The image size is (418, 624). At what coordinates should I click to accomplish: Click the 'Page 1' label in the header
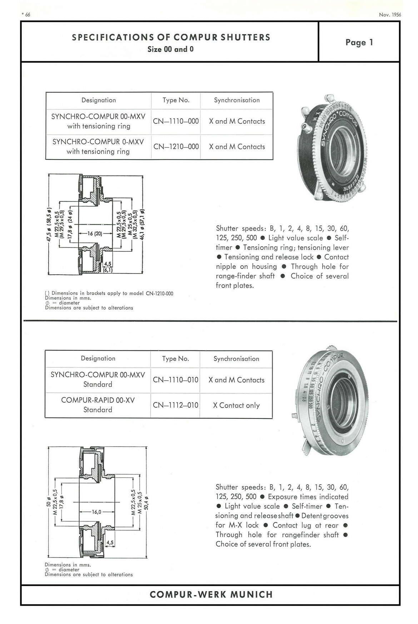click(359, 43)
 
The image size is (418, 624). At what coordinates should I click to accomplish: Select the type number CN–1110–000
click(176, 121)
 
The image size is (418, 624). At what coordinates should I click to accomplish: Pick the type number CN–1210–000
click(176, 147)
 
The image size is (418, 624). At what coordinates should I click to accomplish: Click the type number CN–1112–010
click(175, 405)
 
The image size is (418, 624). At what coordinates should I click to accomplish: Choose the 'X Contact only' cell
click(236, 405)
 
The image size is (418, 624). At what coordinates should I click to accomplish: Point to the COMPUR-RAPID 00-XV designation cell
click(98, 405)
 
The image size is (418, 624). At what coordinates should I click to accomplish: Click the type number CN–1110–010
click(175, 380)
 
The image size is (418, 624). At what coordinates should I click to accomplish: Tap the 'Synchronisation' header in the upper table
click(237, 100)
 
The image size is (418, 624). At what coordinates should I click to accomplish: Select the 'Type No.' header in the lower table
click(175, 359)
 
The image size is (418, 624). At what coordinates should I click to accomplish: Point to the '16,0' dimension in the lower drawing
click(97, 512)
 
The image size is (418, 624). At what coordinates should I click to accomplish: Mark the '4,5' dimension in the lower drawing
click(110, 542)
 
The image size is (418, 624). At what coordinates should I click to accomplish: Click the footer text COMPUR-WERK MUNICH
click(211, 595)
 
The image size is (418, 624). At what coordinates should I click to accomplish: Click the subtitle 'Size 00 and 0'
click(170, 49)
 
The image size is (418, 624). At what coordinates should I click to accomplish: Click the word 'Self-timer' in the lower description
click(307, 506)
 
